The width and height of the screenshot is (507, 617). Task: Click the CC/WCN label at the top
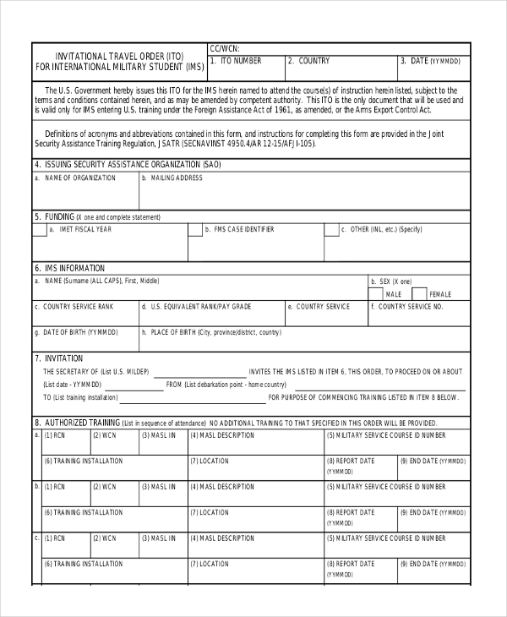click(224, 49)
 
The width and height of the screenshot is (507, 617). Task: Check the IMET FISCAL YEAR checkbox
click(39, 229)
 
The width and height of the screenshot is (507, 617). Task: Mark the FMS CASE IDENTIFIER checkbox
click(195, 229)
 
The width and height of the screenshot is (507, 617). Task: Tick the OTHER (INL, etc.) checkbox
click(331, 229)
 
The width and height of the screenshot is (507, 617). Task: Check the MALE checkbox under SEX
click(376, 293)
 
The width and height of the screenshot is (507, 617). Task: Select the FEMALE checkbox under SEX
click(419, 293)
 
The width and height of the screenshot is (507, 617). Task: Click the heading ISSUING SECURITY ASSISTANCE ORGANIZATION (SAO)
click(127, 164)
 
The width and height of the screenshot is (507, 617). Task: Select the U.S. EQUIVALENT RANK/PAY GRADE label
click(197, 307)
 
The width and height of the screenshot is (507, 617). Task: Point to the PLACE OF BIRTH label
click(211, 332)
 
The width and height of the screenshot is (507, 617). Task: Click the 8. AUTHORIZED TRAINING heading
click(77, 422)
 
